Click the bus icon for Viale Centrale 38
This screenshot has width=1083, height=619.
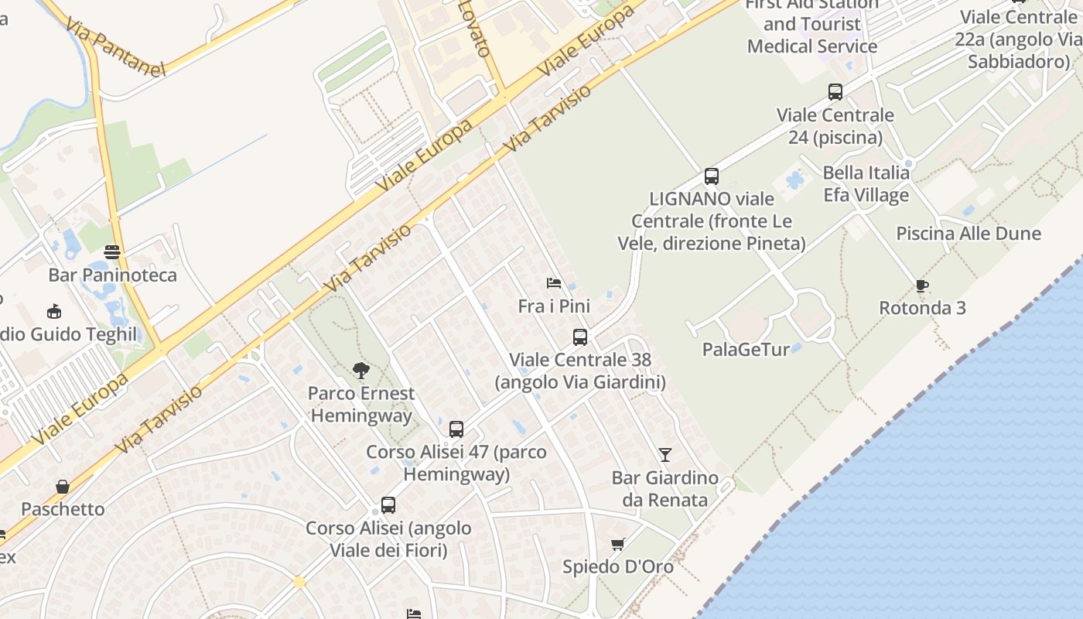(x=580, y=337)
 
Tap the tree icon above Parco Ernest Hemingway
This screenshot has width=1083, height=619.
(x=360, y=371)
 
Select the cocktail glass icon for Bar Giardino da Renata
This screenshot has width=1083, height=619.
(x=665, y=455)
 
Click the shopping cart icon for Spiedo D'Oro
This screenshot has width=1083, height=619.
(x=617, y=544)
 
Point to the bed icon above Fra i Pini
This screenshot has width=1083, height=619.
(x=554, y=283)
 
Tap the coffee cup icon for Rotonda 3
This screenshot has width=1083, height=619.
(x=922, y=286)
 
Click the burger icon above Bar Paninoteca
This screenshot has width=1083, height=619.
(x=113, y=252)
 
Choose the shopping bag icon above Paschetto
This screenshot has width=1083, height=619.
(x=63, y=487)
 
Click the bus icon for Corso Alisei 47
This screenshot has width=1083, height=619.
(x=456, y=429)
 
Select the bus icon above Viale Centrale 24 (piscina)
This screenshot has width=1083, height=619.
(x=835, y=92)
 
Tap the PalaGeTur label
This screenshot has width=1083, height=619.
(x=746, y=350)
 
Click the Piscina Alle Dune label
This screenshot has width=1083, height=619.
(x=969, y=234)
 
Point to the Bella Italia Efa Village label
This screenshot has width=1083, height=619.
(x=866, y=184)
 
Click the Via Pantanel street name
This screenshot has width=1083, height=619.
(x=116, y=48)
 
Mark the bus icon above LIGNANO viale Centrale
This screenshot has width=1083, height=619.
(x=712, y=176)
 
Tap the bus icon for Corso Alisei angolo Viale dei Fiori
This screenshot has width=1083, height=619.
(x=388, y=505)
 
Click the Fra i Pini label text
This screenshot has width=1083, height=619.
(x=554, y=306)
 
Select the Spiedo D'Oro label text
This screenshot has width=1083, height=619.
(x=618, y=566)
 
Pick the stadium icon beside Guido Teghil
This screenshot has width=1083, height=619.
(x=54, y=312)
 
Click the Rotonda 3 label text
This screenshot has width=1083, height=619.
(x=923, y=308)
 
